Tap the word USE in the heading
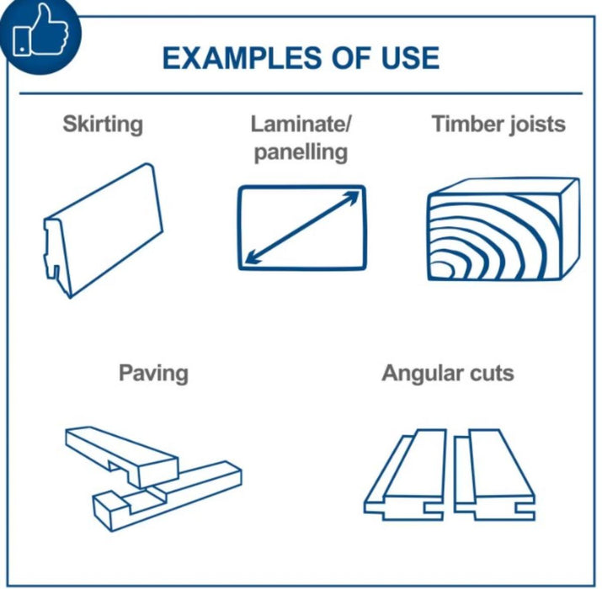(x=410, y=58)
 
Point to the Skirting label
(x=103, y=125)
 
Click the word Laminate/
(x=301, y=125)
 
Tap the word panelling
(x=301, y=152)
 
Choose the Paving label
(x=153, y=374)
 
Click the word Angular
(x=424, y=374)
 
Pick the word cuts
(x=493, y=374)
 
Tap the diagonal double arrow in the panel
(x=301, y=228)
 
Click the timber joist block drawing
(x=503, y=229)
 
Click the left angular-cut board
(x=406, y=475)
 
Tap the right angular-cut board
(x=494, y=475)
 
